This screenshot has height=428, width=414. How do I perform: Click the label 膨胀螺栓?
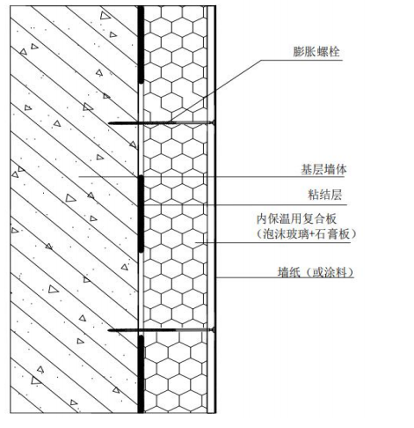[x=316, y=52]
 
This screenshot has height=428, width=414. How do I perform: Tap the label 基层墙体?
[x=323, y=170]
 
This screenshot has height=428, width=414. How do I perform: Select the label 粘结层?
[x=325, y=195]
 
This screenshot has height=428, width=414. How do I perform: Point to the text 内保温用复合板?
[x=296, y=218]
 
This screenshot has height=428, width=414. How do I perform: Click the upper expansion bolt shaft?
[x=160, y=122]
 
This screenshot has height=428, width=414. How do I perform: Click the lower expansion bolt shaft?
[x=160, y=330]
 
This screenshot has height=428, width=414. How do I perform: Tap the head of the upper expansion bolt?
[x=214, y=122]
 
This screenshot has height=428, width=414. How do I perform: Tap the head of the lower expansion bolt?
[x=214, y=330]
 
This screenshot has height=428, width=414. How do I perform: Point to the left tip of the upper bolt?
[x=108, y=123]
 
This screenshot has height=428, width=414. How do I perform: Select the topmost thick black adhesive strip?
[x=141, y=45]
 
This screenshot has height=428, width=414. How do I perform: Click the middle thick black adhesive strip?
[x=141, y=214]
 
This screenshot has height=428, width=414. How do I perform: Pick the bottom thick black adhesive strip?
[x=141, y=374]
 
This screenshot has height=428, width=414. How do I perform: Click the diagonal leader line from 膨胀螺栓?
[x=216, y=92]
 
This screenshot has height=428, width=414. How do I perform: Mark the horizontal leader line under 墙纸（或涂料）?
[x=285, y=277]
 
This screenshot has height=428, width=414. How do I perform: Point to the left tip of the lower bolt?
[x=108, y=330]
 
